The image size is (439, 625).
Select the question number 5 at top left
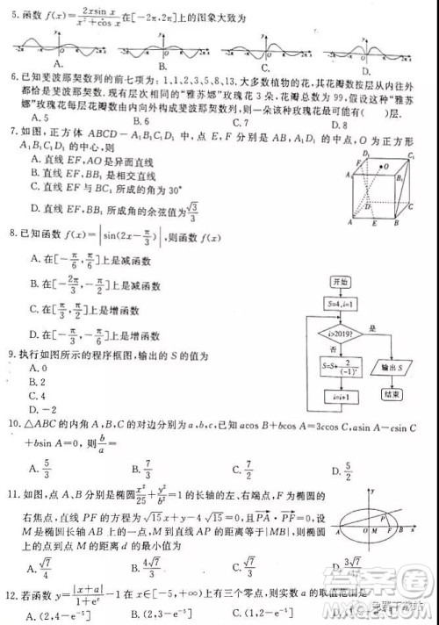click(x=11, y=16)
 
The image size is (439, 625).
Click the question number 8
click(x=11, y=233)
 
